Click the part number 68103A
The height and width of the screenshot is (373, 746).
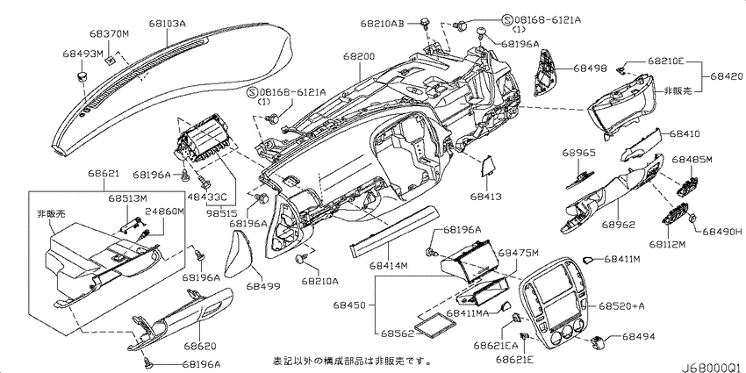[x=167, y=22]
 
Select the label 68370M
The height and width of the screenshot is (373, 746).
[x=109, y=35]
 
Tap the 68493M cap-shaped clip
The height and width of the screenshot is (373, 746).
[x=82, y=75]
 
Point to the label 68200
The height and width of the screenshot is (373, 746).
[x=359, y=57]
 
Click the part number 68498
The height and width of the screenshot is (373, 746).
[x=590, y=68]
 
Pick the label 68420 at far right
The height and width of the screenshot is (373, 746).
[x=727, y=76]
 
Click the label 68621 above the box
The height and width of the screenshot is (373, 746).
[x=104, y=175]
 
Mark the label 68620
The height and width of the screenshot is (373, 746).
[x=200, y=346]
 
